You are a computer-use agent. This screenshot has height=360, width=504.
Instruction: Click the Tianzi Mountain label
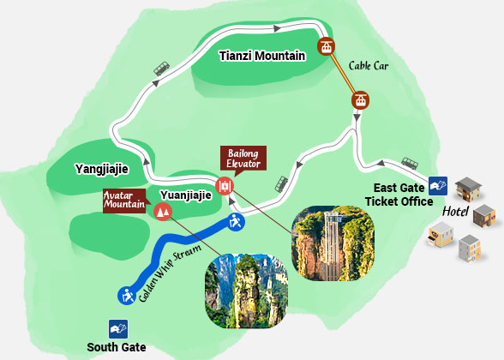(x=262, y=57)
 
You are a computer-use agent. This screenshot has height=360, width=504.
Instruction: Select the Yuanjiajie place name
(x=185, y=195)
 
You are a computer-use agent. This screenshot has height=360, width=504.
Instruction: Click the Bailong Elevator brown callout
(x=243, y=158)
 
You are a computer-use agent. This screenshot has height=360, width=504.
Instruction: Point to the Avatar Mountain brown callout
(x=124, y=201)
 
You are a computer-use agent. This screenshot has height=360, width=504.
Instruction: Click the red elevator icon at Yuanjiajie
(x=225, y=185)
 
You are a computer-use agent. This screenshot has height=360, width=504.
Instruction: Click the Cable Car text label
(x=369, y=64)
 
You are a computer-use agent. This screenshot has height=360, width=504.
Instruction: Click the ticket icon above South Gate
(x=117, y=327)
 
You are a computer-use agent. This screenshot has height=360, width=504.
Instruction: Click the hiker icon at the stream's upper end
(x=236, y=222)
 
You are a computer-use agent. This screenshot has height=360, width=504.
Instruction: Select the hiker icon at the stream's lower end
(x=126, y=297)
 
